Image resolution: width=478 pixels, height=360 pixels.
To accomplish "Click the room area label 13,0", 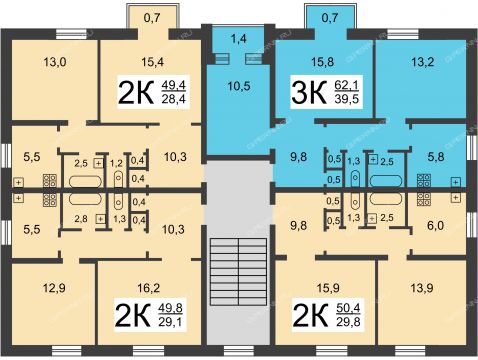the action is [x=55, y=62].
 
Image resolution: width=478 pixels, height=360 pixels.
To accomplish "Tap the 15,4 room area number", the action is [x=152, y=62].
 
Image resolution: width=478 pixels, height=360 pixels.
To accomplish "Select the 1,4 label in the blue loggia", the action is [x=239, y=39].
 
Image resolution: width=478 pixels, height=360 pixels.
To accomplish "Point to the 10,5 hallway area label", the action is [x=239, y=86].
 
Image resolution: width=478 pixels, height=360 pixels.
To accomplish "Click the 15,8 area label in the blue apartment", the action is [x=323, y=62].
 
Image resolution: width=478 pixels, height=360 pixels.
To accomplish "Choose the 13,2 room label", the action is [x=422, y=62].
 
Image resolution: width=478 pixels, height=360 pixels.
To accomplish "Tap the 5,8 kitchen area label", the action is [x=436, y=156].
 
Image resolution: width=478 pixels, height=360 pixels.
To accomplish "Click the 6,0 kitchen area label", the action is [x=436, y=226].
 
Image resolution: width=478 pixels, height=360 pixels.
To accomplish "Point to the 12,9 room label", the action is [x=54, y=288].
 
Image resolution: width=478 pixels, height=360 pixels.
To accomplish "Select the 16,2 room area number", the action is [x=149, y=288].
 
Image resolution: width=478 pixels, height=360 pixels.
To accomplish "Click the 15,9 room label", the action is [x=328, y=288].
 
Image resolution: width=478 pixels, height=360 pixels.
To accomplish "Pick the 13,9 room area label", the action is [x=422, y=288].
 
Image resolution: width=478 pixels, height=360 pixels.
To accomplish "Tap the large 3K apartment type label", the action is [x=309, y=93].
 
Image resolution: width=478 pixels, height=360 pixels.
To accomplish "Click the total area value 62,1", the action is [x=347, y=85].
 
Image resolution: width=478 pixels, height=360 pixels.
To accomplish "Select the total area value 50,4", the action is [x=348, y=308].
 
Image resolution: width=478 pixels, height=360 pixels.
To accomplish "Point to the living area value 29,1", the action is [x=170, y=322].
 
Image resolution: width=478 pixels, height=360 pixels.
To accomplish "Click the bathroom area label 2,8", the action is [x=81, y=219].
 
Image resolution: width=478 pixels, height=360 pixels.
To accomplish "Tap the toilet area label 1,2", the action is [x=117, y=163].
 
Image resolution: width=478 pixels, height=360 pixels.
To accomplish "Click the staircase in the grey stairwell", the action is [x=238, y=272].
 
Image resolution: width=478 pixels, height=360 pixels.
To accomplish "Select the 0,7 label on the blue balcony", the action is [x=330, y=18].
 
